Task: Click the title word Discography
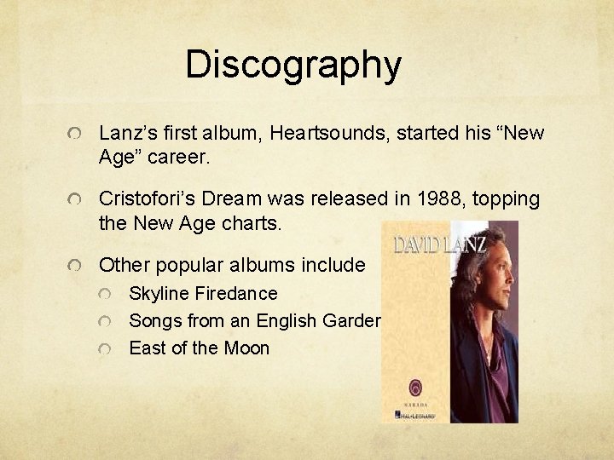tap(293, 65)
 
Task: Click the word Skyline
tap(159, 293)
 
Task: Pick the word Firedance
tap(236, 293)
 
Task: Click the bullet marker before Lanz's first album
tap(78, 135)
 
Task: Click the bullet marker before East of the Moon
tap(105, 348)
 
